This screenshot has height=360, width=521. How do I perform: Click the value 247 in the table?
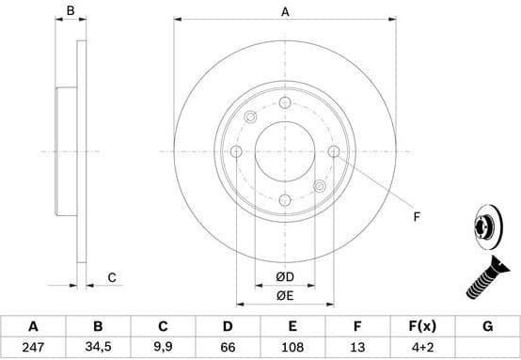click(33, 347)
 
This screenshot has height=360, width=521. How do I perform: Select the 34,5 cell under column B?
click(98, 347)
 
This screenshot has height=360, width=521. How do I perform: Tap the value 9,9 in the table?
click(163, 347)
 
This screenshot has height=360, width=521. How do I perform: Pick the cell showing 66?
click(228, 347)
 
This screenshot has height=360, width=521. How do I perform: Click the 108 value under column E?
click(292, 347)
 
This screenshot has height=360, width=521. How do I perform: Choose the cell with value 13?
click(357, 347)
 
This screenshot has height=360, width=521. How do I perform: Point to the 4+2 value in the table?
click(422, 347)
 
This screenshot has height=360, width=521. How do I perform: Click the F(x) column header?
click(422, 326)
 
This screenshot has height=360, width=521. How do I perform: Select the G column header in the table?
click(487, 326)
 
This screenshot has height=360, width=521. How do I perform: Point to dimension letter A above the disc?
click(285, 12)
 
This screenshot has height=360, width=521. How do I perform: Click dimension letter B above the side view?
click(70, 12)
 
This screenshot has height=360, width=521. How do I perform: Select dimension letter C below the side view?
click(111, 276)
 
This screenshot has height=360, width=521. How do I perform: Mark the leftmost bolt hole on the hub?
click(236, 152)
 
